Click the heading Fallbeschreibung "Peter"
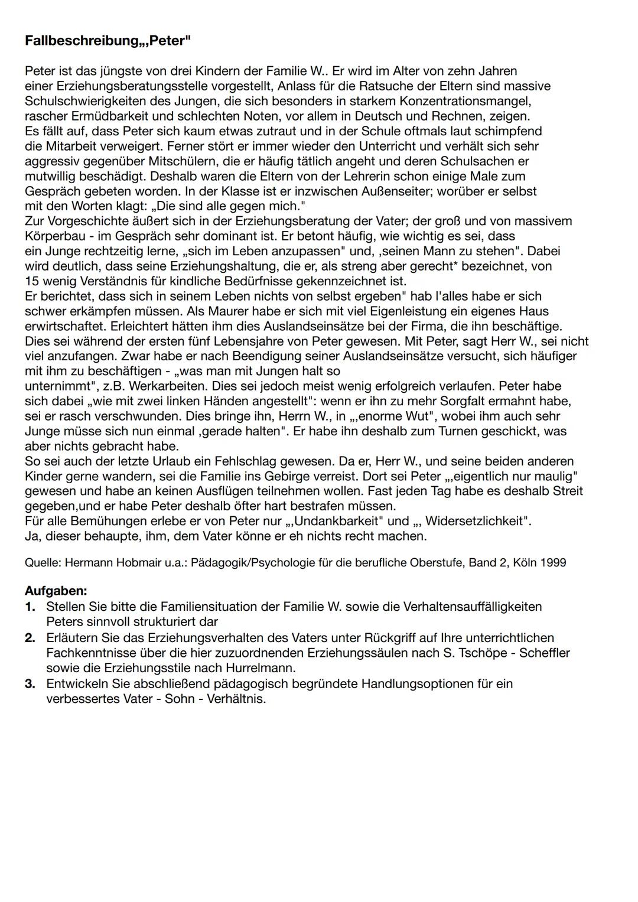pos(108,41)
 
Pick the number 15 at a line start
pos(31,281)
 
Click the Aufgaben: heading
pos(56,591)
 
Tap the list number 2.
pos(30,638)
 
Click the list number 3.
pos(30,683)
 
